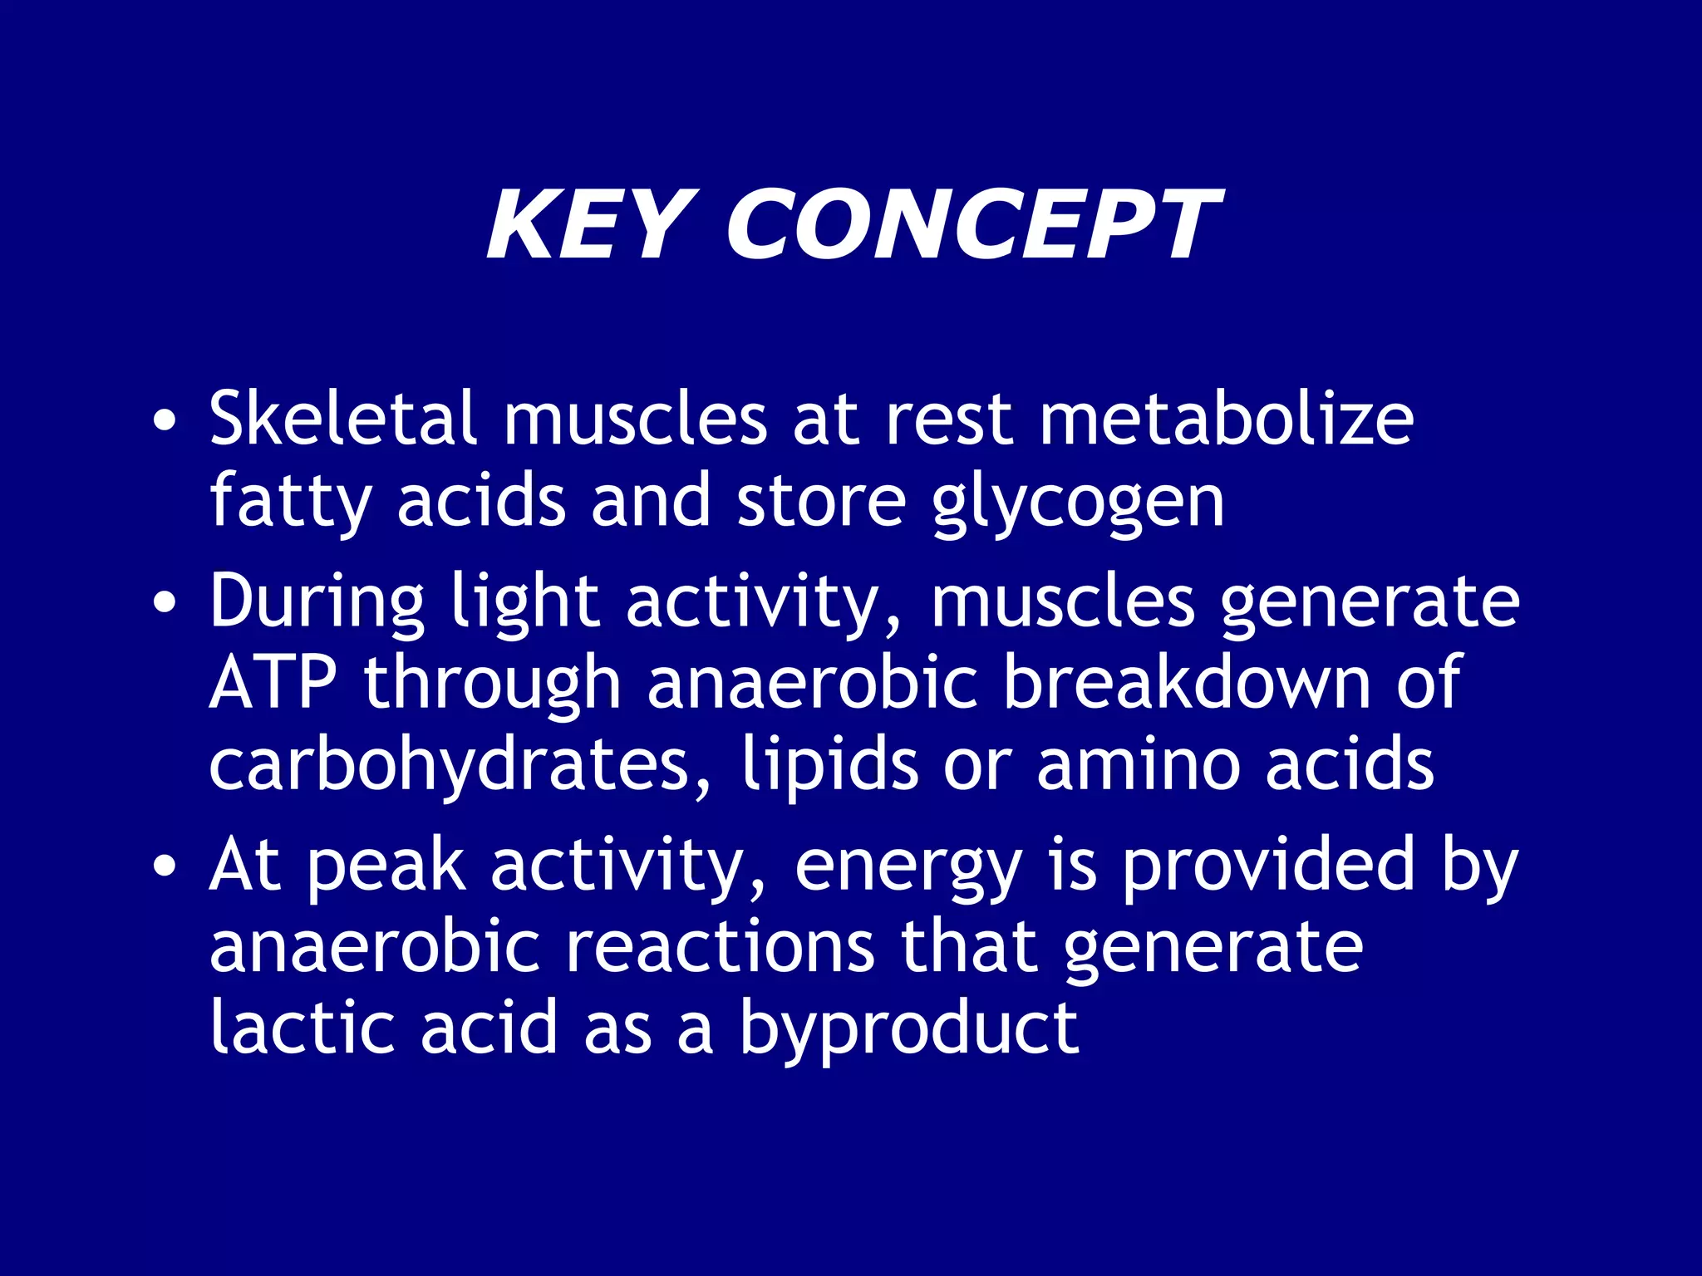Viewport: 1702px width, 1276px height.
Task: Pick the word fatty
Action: [290, 502]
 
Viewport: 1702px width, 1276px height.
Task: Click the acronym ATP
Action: [273, 682]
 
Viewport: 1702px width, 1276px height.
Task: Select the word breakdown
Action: [1186, 682]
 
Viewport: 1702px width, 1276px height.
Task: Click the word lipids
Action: [829, 765]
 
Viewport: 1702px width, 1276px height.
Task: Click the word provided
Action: [1267, 866]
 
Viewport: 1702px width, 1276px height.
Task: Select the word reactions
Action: [720, 947]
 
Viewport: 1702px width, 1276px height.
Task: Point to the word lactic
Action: [302, 1028]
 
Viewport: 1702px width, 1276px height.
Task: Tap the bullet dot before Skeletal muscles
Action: [165, 420]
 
